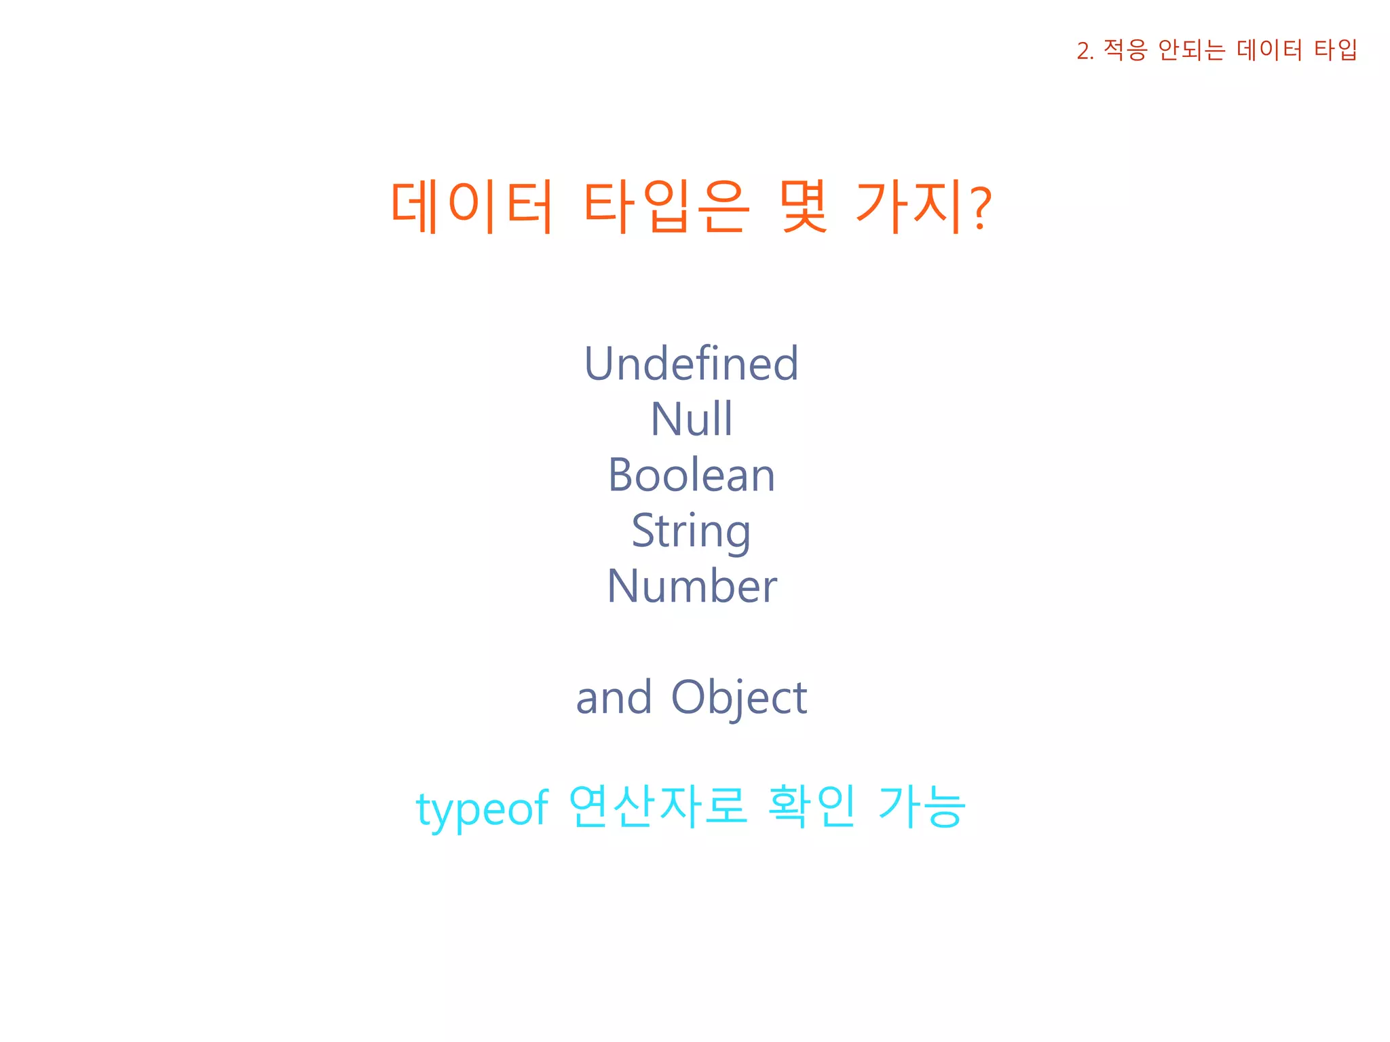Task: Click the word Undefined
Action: (x=691, y=364)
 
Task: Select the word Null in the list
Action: (x=691, y=419)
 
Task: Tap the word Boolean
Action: (x=691, y=475)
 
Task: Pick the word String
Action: (x=691, y=531)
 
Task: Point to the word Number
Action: (x=691, y=586)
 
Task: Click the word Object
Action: (x=739, y=697)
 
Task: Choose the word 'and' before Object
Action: (x=614, y=697)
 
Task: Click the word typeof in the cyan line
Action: (x=482, y=809)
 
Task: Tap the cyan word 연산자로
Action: (x=658, y=807)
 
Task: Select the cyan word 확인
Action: (x=812, y=807)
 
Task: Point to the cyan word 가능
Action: (x=921, y=807)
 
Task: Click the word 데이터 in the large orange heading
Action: (x=472, y=206)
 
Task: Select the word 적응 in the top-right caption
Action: (x=1125, y=50)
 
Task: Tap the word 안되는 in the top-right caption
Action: (x=1191, y=50)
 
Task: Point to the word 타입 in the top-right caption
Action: (x=1335, y=50)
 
